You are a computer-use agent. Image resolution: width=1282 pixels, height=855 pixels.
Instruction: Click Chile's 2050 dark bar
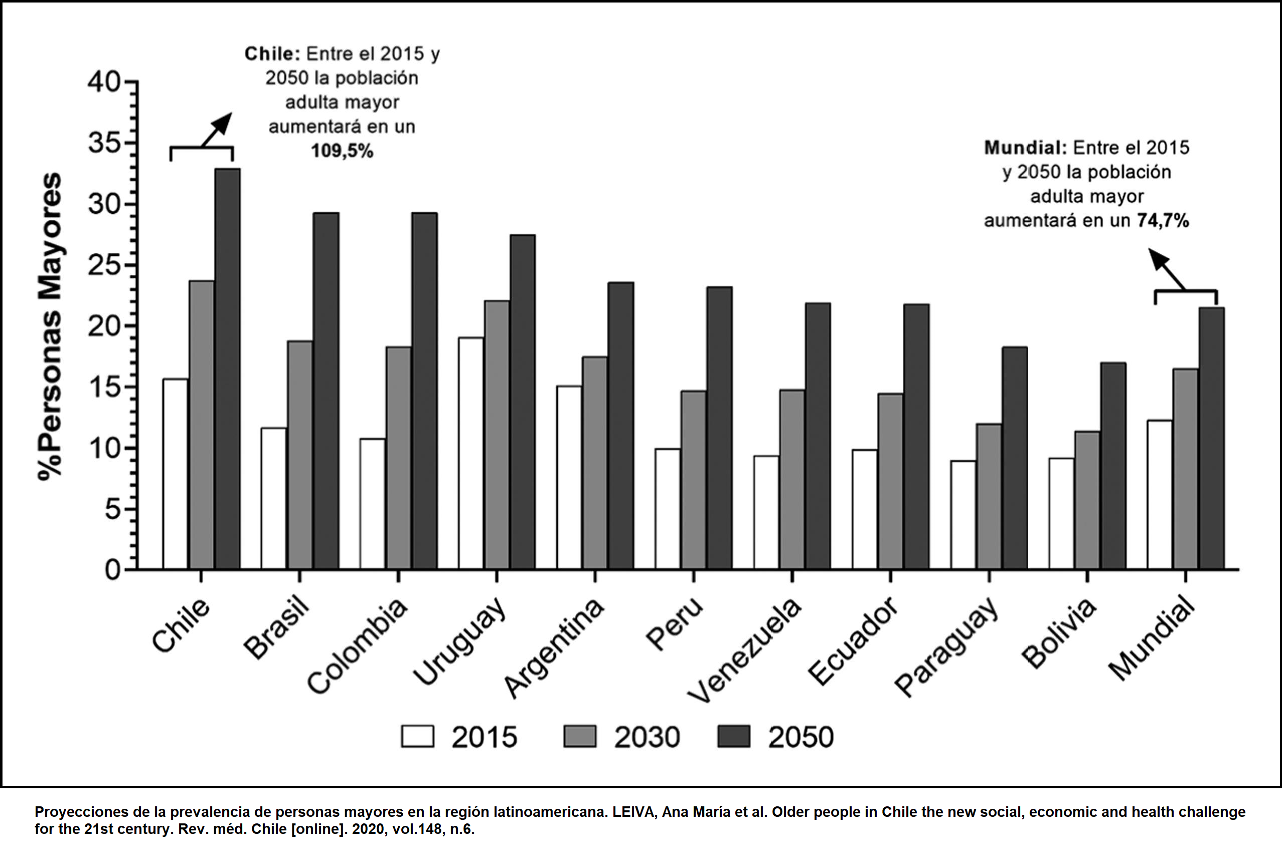[228, 369]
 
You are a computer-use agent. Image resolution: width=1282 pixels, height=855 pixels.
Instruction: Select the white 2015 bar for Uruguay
[471, 454]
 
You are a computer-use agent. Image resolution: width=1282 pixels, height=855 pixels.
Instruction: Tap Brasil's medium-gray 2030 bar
[300, 455]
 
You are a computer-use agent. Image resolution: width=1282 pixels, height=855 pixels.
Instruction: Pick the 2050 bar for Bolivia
[1113, 466]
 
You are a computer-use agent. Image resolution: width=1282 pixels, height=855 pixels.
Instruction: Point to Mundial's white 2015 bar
[1160, 495]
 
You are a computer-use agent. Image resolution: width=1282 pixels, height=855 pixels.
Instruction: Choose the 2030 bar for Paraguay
[989, 497]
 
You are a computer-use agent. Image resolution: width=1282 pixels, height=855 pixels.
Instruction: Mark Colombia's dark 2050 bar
[425, 391]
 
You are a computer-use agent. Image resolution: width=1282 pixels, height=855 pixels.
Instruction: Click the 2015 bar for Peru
[668, 509]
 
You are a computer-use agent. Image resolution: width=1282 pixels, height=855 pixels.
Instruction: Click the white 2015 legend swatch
[417, 736]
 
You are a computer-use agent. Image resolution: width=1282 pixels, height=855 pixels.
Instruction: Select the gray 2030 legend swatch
[580, 736]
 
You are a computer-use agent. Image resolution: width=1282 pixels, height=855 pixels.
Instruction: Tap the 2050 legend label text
[800, 737]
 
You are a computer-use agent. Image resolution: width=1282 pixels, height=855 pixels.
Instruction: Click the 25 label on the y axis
[103, 265]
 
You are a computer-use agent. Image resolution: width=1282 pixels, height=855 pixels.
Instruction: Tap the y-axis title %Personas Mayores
[50, 327]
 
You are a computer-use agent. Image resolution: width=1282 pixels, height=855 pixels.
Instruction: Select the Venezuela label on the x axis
[744, 649]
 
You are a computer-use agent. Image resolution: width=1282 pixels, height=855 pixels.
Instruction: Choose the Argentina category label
[554, 647]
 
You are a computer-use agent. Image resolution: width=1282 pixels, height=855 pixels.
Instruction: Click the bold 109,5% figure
[342, 151]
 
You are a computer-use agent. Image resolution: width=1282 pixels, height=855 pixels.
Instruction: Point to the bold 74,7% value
[1163, 220]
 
